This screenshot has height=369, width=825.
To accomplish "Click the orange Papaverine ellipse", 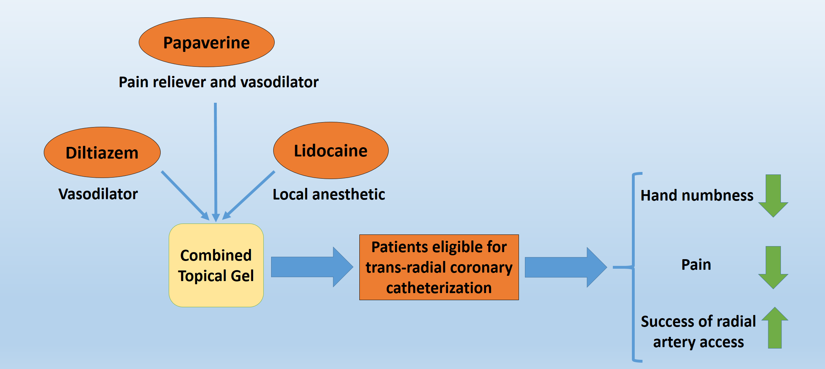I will pyautogui.click(x=207, y=42).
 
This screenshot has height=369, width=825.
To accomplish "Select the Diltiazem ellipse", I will pyautogui.click(x=102, y=153).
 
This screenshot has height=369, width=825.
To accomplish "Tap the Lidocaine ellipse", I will pyautogui.click(x=331, y=150).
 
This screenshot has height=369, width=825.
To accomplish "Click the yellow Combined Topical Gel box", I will pyautogui.click(x=216, y=265).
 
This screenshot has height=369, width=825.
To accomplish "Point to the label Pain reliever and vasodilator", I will pyautogui.click(x=219, y=82).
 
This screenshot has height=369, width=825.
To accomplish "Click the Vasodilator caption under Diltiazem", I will pyautogui.click(x=98, y=194).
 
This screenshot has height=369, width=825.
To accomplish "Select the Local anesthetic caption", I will pyautogui.click(x=329, y=194).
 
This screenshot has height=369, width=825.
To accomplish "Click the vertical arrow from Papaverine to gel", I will pyautogui.click(x=215, y=159).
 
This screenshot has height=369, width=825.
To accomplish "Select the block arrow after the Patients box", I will pyautogui.click(x=565, y=267).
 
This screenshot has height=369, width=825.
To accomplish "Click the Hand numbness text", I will pyautogui.click(x=697, y=195).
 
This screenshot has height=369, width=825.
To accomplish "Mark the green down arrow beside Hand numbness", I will pyautogui.click(x=773, y=196).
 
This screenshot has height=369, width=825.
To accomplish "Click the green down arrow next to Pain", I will pyautogui.click(x=773, y=267).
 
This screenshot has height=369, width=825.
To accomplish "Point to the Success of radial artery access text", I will pyautogui.click(x=698, y=332).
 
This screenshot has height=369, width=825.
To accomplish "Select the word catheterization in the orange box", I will pyautogui.click(x=439, y=288).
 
